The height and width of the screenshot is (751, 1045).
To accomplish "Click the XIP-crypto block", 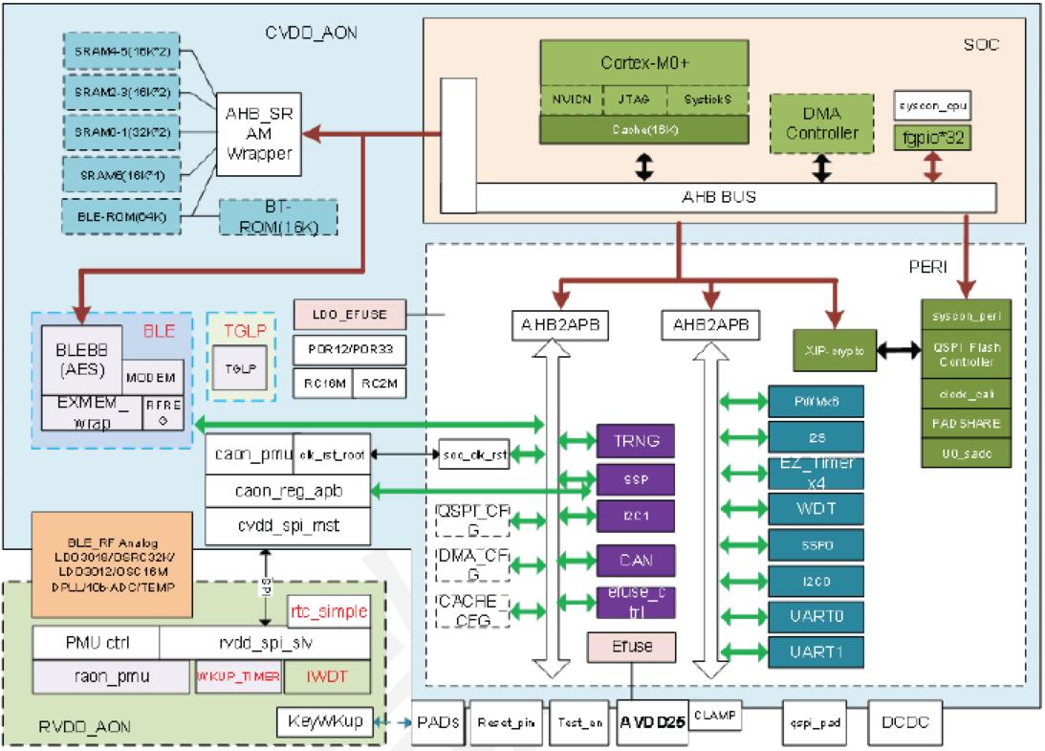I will click(835, 351).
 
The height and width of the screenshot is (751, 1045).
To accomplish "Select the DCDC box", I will click(904, 721).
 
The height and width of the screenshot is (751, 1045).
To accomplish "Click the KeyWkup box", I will click(325, 721).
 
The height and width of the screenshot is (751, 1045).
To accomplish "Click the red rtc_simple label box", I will click(320, 608).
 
